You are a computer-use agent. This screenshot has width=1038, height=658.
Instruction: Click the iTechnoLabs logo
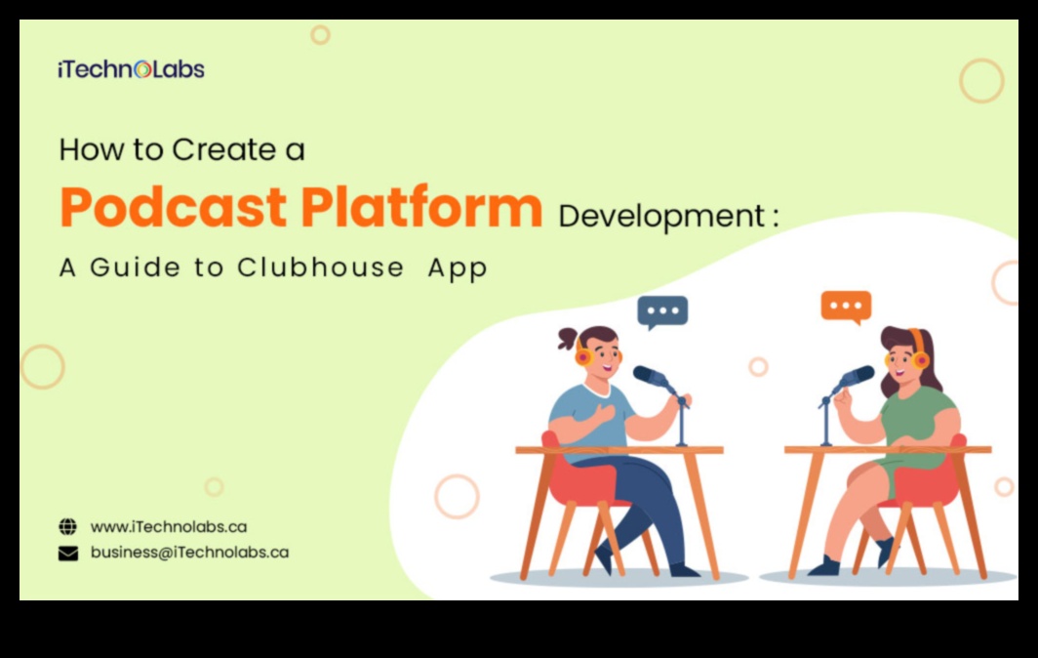point(131,69)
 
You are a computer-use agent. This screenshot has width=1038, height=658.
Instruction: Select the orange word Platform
point(421,207)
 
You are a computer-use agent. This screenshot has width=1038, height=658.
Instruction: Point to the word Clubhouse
point(320,267)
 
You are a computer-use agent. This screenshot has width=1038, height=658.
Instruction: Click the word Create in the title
point(224,149)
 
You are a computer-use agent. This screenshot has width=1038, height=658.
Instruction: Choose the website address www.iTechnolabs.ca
point(169,527)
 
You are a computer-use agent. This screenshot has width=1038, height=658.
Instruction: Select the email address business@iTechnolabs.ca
point(189,552)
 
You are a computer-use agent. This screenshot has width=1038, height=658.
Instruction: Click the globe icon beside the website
point(67,527)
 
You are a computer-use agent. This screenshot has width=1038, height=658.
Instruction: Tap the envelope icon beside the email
point(68,553)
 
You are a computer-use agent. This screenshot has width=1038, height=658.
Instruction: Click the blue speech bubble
point(662,312)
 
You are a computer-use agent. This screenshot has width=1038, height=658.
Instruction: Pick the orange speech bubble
point(846,308)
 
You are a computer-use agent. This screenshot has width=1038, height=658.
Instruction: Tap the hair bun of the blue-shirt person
point(568,338)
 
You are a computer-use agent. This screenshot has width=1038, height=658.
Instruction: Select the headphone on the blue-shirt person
point(583,355)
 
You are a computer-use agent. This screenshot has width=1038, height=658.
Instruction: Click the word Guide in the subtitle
point(136,267)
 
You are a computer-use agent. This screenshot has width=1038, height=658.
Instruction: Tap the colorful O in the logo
point(142,69)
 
